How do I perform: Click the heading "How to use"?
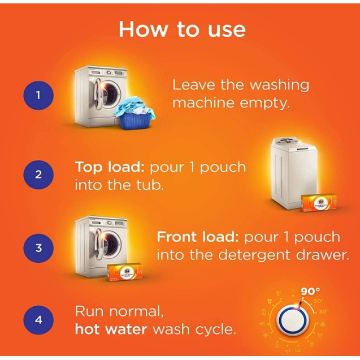(182, 29)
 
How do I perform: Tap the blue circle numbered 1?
(38, 95)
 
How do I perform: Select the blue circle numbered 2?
(38, 175)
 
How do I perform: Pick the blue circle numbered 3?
(38, 248)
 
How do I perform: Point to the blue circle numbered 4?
(38, 319)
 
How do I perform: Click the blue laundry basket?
(136, 114)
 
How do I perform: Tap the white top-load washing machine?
(294, 173)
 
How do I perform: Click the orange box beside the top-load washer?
(319, 203)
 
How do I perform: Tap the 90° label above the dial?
(310, 291)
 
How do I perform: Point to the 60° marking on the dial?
(318, 301)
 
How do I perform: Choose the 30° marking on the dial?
(324, 312)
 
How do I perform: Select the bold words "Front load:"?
(198, 237)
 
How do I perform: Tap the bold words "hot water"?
(111, 329)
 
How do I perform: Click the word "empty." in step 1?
(265, 103)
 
